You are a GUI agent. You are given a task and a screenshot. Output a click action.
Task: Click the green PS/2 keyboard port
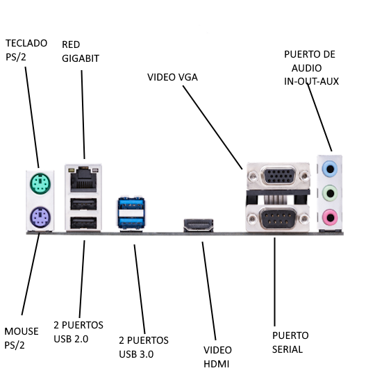(x=40, y=183)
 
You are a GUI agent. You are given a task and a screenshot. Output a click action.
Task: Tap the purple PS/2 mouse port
(x=40, y=217)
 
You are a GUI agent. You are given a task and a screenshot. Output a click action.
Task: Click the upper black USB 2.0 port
(x=83, y=204)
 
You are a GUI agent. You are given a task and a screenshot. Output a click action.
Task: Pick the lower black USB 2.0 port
(x=83, y=223)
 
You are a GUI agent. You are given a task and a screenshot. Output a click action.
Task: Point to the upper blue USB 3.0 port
(x=131, y=203)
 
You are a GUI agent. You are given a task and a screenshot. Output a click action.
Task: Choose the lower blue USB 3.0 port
(x=131, y=222)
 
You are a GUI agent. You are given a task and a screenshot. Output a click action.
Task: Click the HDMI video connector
(x=198, y=225)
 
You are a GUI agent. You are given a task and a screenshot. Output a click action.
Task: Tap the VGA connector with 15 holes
(x=279, y=176)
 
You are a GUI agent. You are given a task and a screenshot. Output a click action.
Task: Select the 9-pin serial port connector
(x=278, y=218)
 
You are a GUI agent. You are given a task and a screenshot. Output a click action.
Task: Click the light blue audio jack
(x=330, y=169)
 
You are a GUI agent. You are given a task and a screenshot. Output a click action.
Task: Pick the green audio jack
(x=330, y=193)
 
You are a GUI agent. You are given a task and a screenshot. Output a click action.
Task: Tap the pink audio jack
(x=330, y=217)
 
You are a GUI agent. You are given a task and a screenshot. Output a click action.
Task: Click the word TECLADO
(x=26, y=43)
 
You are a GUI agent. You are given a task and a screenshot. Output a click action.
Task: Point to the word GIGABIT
(x=81, y=58)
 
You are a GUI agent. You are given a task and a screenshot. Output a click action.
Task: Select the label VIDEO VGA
(x=172, y=77)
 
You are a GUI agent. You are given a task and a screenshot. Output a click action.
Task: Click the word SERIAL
(x=287, y=349)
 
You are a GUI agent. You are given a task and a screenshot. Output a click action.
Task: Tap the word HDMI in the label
(x=216, y=364)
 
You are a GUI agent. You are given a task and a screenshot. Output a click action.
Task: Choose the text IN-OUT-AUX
(x=311, y=81)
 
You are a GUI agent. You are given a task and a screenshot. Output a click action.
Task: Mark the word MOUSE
(x=22, y=331)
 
